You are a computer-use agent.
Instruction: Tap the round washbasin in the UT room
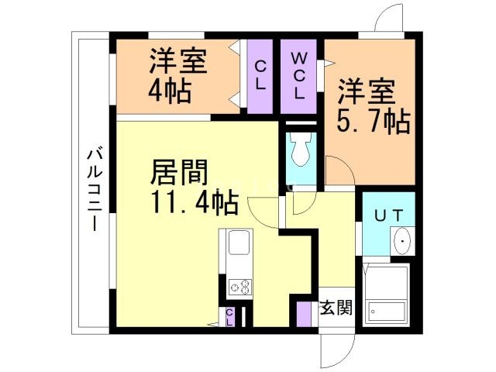pos(404,241)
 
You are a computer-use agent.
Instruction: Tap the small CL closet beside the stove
pos(231,316)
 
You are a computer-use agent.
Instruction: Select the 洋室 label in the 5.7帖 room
pos(367,92)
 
